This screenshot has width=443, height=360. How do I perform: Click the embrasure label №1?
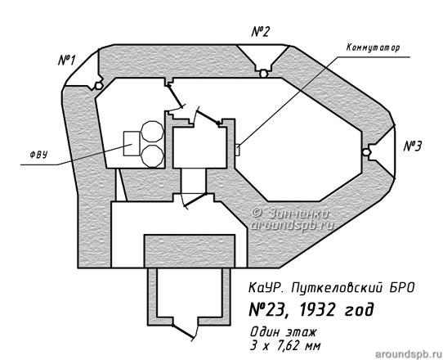click(x=67, y=60)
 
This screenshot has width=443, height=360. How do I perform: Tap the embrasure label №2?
click(x=260, y=32)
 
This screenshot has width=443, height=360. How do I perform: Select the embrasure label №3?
click(x=413, y=146)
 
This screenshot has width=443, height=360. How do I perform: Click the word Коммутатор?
click(x=374, y=47)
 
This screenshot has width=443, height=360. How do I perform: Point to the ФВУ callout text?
click(x=38, y=155)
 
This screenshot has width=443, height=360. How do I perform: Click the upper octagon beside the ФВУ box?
click(x=152, y=132)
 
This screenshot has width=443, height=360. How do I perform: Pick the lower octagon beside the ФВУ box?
click(x=152, y=156)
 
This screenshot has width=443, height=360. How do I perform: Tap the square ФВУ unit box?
click(x=132, y=143)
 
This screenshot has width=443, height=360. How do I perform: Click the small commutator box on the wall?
click(x=237, y=150)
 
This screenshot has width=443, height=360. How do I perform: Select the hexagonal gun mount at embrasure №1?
click(x=98, y=85)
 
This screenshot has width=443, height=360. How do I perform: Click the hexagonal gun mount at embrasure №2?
click(x=263, y=74)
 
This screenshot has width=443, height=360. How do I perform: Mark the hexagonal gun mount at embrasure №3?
click(x=366, y=152)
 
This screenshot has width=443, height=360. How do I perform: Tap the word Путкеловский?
click(x=336, y=288)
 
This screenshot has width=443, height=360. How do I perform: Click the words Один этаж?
click(x=283, y=332)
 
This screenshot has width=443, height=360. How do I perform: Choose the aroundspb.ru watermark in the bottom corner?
click(x=409, y=353)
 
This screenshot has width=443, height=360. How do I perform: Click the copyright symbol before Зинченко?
click(x=257, y=213)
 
